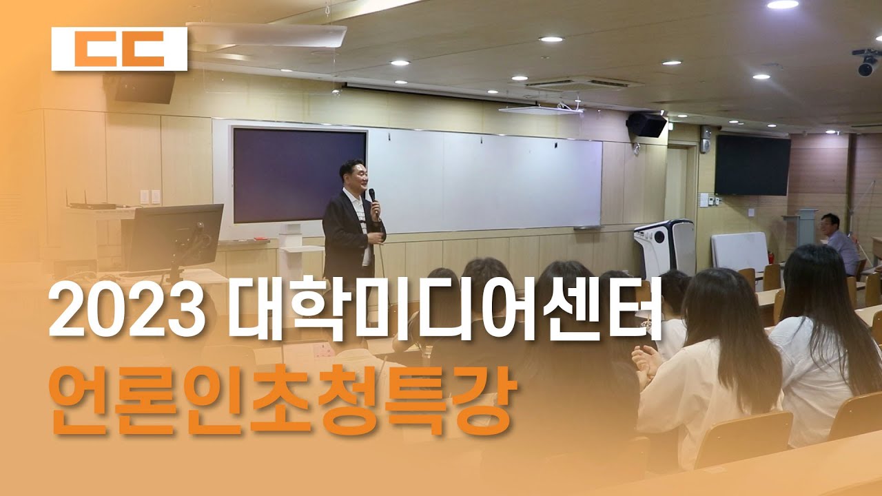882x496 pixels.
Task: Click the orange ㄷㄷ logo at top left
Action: [119, 49]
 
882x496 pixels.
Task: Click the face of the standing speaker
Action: [358, 176]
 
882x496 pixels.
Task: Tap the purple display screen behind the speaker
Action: [300, 175]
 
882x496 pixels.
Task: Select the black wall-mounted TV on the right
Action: [752, 165]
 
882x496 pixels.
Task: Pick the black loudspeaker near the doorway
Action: [646, 125]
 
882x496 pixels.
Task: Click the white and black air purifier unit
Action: [665, 249]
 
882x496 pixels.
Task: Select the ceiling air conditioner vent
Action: [577, 84]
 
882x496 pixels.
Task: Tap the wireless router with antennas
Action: [92, 203]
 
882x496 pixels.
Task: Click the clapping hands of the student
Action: [645, 363]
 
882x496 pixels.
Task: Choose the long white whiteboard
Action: [484, 181]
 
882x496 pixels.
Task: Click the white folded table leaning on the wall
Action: [740, 252]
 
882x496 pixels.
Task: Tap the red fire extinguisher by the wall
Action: [771, 258]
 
